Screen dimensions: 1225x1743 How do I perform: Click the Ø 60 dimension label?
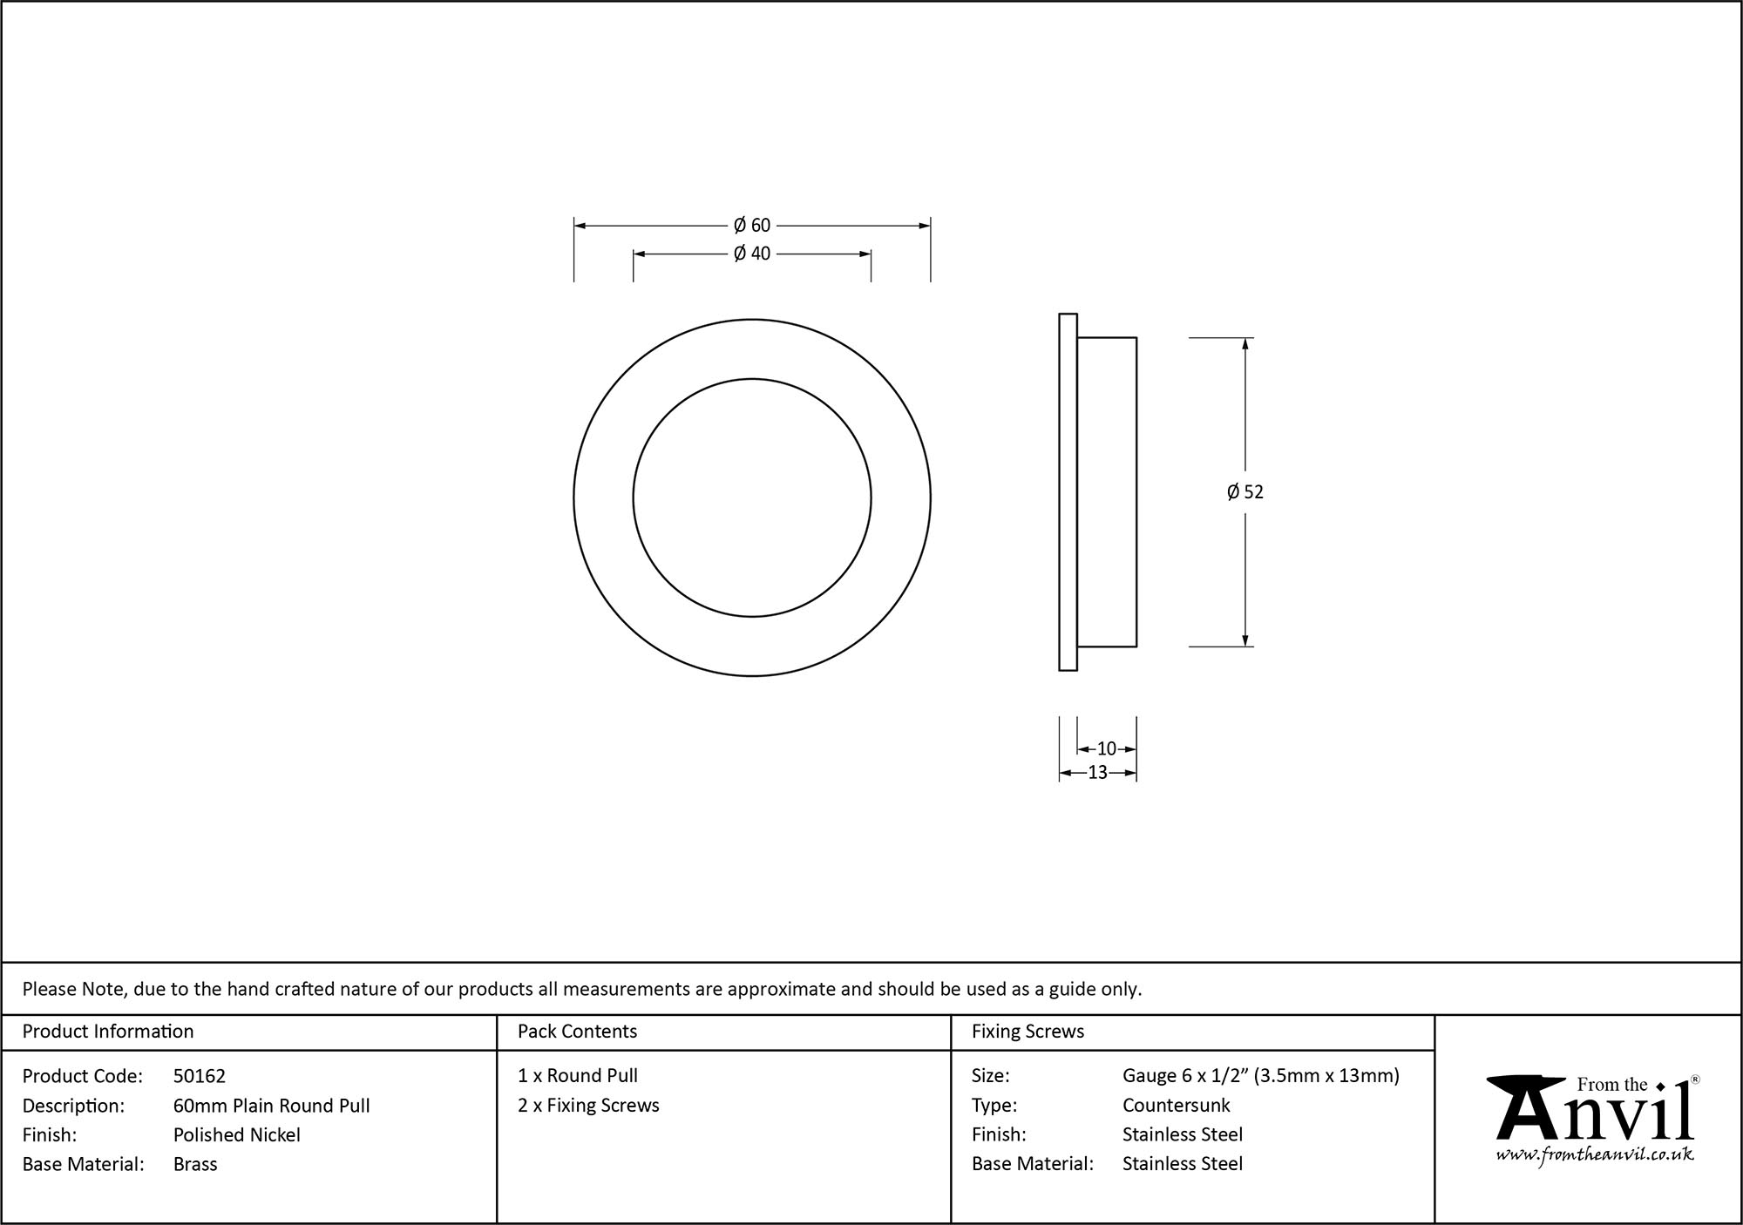pos(752,226)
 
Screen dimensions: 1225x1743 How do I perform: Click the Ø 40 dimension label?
pos(752,254)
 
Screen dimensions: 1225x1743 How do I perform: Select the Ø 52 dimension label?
pos(1245,492)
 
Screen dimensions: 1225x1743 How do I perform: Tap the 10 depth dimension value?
pos(1106,748)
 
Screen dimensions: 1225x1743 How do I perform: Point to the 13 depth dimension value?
pos(1097,772)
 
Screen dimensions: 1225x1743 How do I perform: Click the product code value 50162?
pos(199,1076)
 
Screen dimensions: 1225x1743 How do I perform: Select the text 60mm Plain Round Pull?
pos(271,1106)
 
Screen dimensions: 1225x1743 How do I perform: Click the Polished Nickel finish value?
pos(236,1134)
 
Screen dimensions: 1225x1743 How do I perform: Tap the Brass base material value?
pos(195,1164)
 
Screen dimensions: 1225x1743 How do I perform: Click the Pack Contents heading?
pos(577,1032)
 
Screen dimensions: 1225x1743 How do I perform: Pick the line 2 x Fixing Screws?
pos(588,1105)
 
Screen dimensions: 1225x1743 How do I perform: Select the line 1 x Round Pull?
pos(578,1076)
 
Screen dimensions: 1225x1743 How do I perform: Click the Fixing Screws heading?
pos(1027,1032)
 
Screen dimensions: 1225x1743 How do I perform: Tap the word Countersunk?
pos(1176,1106)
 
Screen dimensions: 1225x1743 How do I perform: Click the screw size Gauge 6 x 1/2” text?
pos(1186,1076)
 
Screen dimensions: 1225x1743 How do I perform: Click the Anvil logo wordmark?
pos(1595,1115)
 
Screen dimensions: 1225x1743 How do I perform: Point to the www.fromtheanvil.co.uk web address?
pos(1595,1154)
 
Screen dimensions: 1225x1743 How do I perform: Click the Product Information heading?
pos(108,1032)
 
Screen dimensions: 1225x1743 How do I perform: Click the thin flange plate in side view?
pos(1068,492)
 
